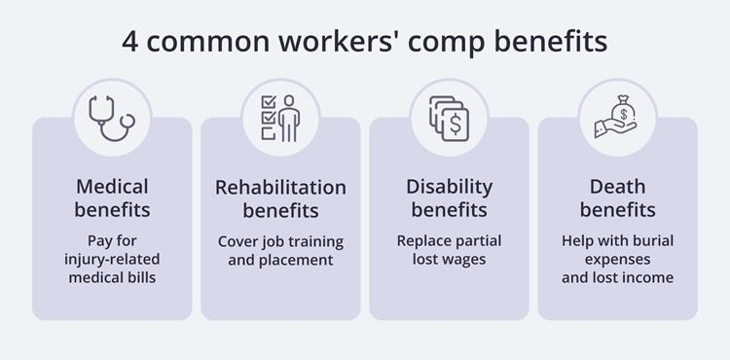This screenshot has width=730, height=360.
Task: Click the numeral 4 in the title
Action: click(129, 43)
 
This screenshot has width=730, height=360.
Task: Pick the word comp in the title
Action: click(427, 43)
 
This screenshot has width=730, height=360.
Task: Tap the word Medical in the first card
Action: click(112, 186)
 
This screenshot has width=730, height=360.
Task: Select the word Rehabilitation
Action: click(280, 186)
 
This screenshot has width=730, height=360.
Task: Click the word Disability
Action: click(450, 186)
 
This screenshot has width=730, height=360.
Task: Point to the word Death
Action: click(617, 186)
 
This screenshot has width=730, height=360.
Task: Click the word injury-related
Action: click(112, 259)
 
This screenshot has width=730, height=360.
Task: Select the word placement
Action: click(301, 259)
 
